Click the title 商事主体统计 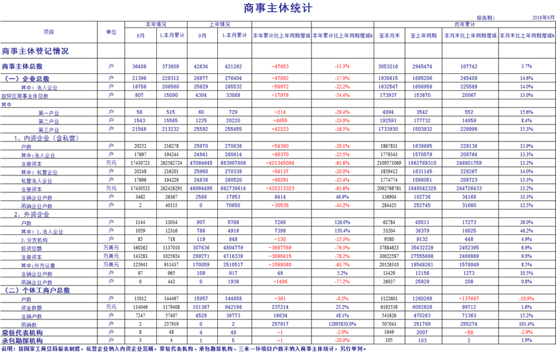pyautogui.click(x=277, y=9)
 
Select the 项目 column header pyautogui.click(x=49, y=31)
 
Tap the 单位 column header pyautogui.click(x=111, y=31)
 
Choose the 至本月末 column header pyautogui.click(x=389, y=35)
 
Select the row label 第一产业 pyautogui.click(x=49, y=113)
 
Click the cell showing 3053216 pyautogui.click(x=389, y=66)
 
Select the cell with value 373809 pyautogui.click(x=171, y=66)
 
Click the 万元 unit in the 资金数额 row pyautogui.click(x=111, y=307)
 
